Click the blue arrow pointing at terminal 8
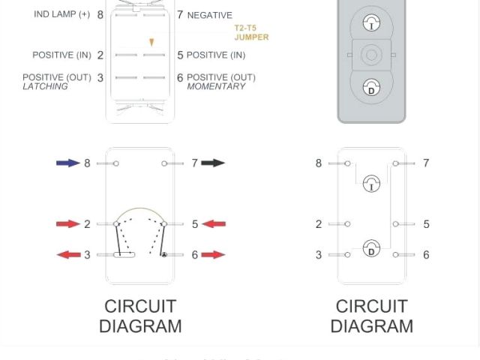tap(67, 163)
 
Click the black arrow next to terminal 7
tap(213, 163)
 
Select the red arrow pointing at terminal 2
tap(67, 223)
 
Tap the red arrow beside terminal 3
tap(68, 255)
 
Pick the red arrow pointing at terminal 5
tap(214, 223)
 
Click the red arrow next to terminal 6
tap(213, 255)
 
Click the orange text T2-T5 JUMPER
tap(250, 33)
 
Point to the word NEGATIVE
tap(209, 15)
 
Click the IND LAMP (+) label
tap(61, 14)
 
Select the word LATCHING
tap(45, 87)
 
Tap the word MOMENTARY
tap(216, 87)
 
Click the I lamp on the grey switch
tap(371, 22)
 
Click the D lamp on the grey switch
tap(371, 87)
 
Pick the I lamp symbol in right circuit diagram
tap(371, 183)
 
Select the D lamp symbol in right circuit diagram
tap(371, 249)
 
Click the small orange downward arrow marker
tap(152, 43)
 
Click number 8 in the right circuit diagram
tap(319, 163)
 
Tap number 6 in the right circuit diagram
tap(426, 255)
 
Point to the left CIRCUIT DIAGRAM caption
tap(140, 316)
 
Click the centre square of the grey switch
tap(371, 55)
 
